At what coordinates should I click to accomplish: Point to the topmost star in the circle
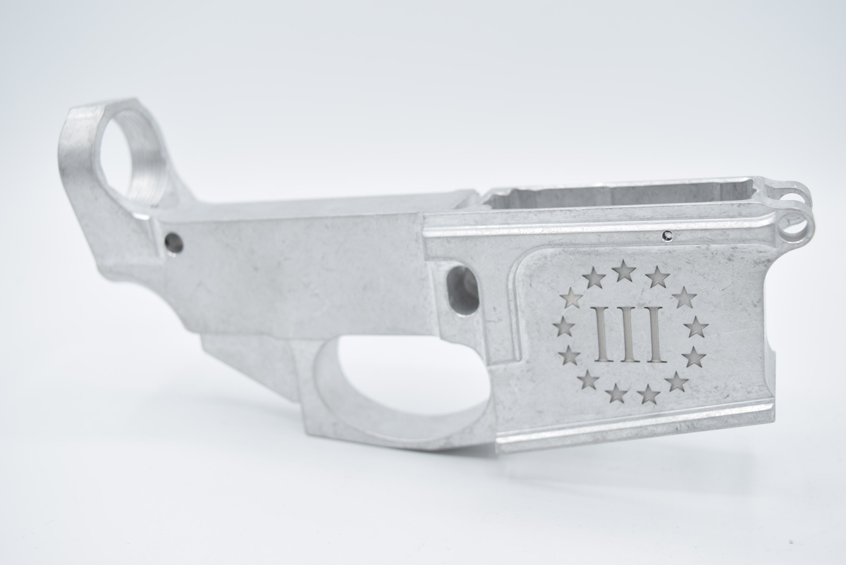[x=623, y=271]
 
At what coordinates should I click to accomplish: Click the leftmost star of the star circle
[x=564, y=326]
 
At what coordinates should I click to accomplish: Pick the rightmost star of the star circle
[x=696, y=328]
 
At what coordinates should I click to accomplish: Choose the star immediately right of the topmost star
[x=656, y=278]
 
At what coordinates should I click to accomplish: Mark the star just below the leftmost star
[x=569, y=355]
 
